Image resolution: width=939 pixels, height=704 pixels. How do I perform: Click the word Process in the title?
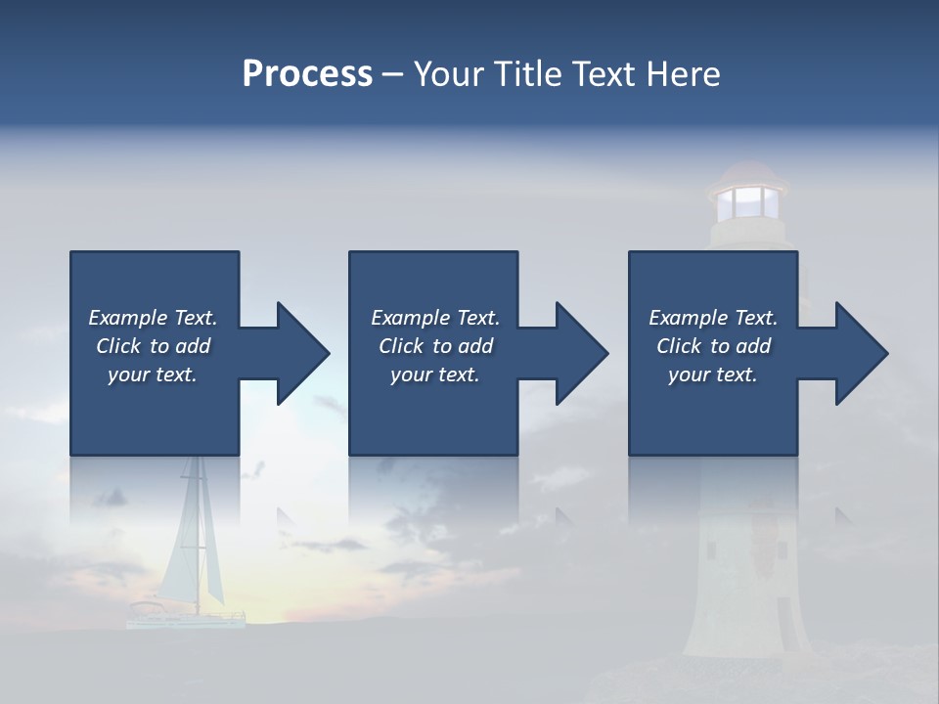[x=307, y=74]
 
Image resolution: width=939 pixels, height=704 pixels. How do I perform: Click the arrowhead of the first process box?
[x=303, y=353]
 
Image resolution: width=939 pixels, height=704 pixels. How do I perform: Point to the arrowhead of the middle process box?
[x=582, y=353]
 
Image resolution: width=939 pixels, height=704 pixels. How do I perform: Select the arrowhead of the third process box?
[x=862, y=353]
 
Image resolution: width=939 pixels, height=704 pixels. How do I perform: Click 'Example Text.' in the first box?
[x=153, y=318]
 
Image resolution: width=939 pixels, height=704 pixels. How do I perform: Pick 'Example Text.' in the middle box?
[x=435, y=318]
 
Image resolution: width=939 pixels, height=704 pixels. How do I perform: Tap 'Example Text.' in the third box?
[x=713, y=318]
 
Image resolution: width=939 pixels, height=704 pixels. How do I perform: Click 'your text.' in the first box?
[x=153, y=374]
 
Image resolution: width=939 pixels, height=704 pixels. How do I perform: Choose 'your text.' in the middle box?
[x=435, y=374]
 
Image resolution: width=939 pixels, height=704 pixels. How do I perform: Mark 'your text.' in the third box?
[x=713, y=374]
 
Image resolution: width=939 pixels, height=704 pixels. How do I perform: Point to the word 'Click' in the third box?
[x=680, y=346]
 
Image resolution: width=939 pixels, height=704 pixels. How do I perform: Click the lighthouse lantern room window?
[x=747, y=202]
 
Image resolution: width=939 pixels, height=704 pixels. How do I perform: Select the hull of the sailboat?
[x=186, y=618]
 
